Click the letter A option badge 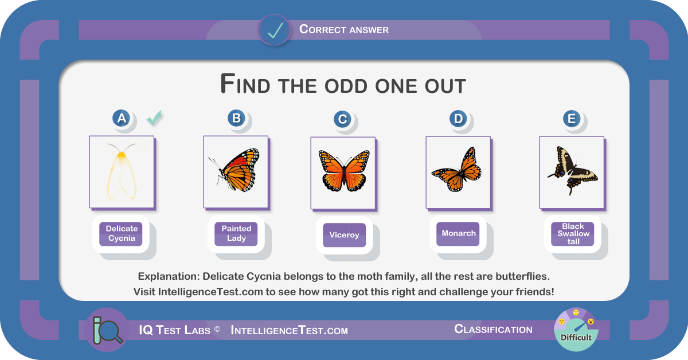click(x=122, y=118)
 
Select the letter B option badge click(x=236, y=118)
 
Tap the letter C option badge click(x=342, y=119)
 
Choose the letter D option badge click(x=458, y=119)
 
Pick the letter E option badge click(x=572, y=119)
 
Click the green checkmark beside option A click(x=154, y=118)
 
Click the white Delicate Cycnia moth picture click(x=122, y=172)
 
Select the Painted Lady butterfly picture click(x=236, y=172)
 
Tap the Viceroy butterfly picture click(x=343, y=173)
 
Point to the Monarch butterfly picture click(x=458, y=173)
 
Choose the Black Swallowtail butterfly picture click(x=572, y=173)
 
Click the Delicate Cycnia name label click(x=121, y=234)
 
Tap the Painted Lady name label click(x=236, y=234)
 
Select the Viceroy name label click(x=345, y=235)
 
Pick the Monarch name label click(x=458, y=234)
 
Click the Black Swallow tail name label click(x=573, y=234)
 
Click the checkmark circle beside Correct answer click(x=274, y=30)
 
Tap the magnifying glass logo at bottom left click(x=107, y=330)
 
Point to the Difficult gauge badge click(x=576, y=330)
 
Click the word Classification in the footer click(x=493, y=329)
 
